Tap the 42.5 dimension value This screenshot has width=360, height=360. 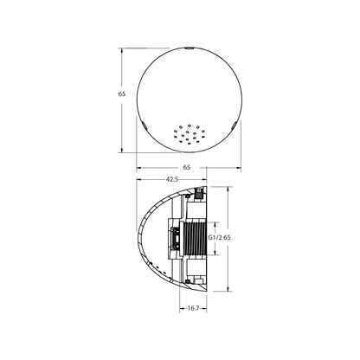coord(171,179)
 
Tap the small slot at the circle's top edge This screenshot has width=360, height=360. coord(187,50)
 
